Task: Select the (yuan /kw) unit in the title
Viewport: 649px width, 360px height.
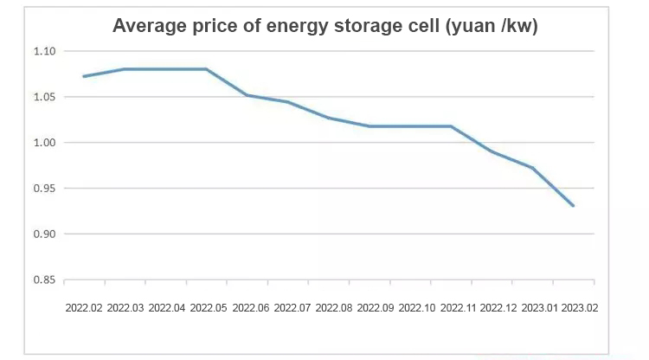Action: pyautogui.click(x=492, y=27)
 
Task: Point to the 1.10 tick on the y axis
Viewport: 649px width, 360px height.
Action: pyautogui.click(x=44, y=51)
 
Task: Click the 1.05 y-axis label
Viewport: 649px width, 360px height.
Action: pyautogui.click(x=44, y=97)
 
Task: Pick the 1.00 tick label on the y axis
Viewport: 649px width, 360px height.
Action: pyautogui.click(x=44, y=143)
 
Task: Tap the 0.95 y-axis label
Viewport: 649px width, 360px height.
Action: pyautogui.click(x=44, y=189)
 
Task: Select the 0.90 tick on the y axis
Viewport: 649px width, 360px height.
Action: pyautogui.click(x=44, y=235)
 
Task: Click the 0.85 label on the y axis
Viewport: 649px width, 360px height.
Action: pyautogui.click(x=44, y=280)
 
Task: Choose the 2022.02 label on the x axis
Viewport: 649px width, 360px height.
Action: pyautogui.click(x=84, y=307)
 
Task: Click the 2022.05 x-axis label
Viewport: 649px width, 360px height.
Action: pyautogui.click(x=209, y=307)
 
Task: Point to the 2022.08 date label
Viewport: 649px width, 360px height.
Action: pyautogui.click(x=334, y=307)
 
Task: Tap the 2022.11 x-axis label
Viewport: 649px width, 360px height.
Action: pyautogui.click(x=459, y=307)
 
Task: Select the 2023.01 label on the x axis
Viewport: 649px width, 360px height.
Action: pyautogui.click(x=542, y=307)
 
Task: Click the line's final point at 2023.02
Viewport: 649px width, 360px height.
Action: pyautogui.click(x=574, y=206)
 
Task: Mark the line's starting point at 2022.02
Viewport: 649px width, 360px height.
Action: pyautogui.click(x=84, y=76)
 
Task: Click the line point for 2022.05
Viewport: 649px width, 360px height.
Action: pyautogui.click(x=207, y=69)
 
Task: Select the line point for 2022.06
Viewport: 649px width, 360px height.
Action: pyautogui.click(x=247, y=95)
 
